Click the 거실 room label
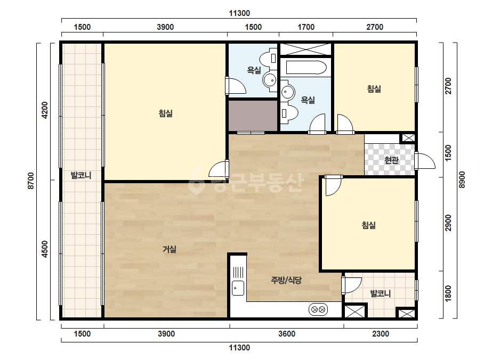pyautogui.click(x=170, y=249)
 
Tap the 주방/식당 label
pyautogui.click(x=286, y=280)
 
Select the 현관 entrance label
pyautogui.click(x=391, y=160)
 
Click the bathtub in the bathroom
pyautogui.click(x=307, y=68)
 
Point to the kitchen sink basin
pyautogui.click(x=238, y=288)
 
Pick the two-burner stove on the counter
pyautogui.click(x=318, y=309)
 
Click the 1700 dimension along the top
pyautogui.click(x=306, y=27)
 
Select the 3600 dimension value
pyautogui.click(x=287, y=334)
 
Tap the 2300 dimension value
pyautogui.click(x=380, y=334)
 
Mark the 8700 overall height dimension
pyautogui.click(x=31, y=181)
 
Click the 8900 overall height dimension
pyautogui.click(x=462, y=179)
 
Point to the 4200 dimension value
pyautogui.click(x=45, y=110)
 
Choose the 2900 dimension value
pyautogui.click(x=448, y=223)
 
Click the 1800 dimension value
pyautogui.click(x=448, y=293)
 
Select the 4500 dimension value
pyautogui.click(x=45, y=249)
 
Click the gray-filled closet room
pyautogui.click(x=253, y=116)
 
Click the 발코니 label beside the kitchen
pyautogui.click(x=380, y=294)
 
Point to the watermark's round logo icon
pyautogui.click(x=196, y=181)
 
